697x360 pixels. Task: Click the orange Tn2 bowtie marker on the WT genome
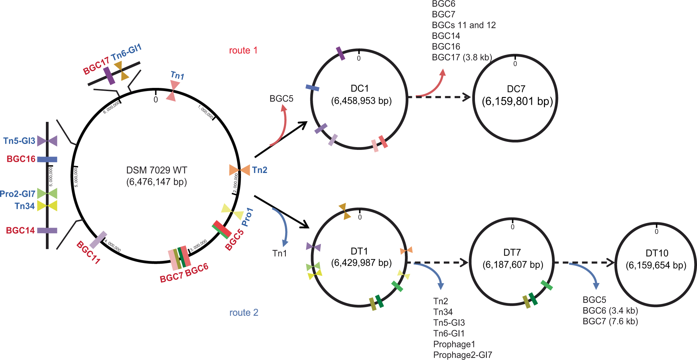[240, 170]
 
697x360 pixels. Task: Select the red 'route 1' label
[243, 50]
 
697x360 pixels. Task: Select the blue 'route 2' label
[244, 312]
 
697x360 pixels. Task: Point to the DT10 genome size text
[656, 265]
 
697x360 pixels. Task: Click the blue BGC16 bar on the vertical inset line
[47, 159]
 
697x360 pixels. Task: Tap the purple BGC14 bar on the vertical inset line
[47, 230]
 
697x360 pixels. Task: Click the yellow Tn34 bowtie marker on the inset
[47, 206]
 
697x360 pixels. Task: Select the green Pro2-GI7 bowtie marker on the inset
[47, 193]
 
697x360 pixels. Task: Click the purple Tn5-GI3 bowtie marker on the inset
[47, 141]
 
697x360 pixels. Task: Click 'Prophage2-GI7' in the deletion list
[462, 355]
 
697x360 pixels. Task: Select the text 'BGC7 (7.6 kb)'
[610, 321]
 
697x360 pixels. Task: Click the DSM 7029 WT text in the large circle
[157, 170]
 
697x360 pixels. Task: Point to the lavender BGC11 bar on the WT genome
[98, 240]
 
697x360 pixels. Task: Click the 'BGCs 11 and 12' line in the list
[464, 25]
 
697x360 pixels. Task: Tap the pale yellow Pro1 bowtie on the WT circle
[232, 211]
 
